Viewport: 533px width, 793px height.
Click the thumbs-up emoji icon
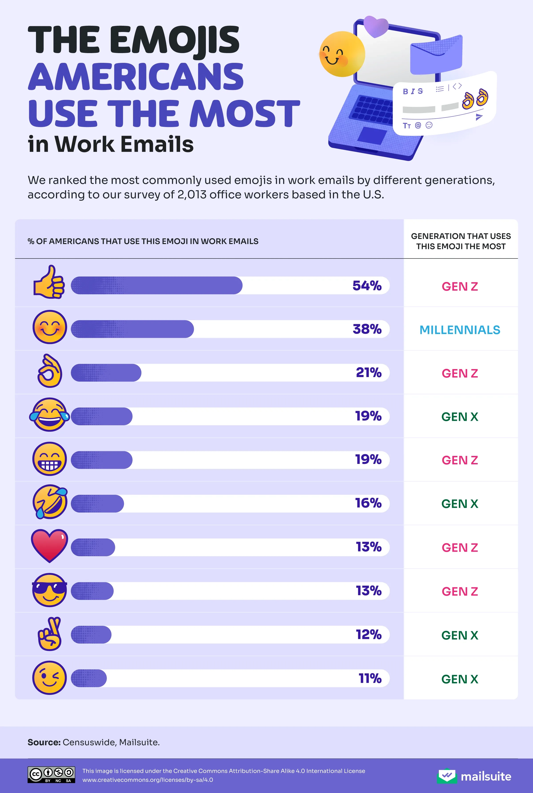(49, 282)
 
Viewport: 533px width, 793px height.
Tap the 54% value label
(367, 286)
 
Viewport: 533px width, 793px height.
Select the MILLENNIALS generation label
(459, 330)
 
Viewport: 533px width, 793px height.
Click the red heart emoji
(49, 545)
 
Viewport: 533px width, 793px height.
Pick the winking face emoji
(49, 678)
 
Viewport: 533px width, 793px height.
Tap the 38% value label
(367, 329)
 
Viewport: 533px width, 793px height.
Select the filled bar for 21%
(106, 373)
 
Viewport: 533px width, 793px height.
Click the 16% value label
(368, 503)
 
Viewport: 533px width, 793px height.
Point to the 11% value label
(370, 678)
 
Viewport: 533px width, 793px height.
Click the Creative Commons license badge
(51, 775)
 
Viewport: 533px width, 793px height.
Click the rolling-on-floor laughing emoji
(50, 502)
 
